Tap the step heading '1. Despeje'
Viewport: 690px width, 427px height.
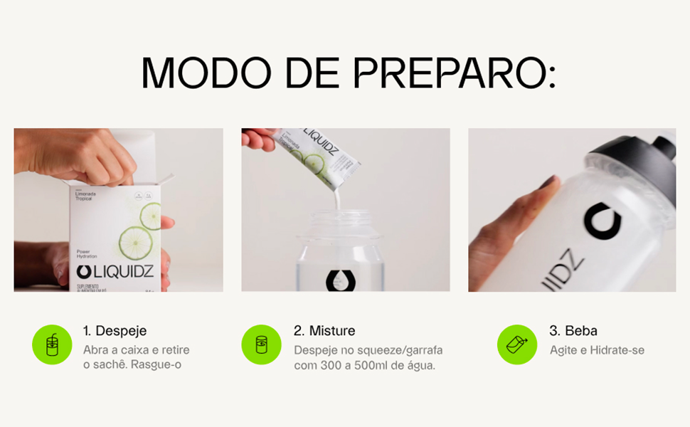(x=115, y=331)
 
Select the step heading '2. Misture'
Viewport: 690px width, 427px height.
(x=324, y=331)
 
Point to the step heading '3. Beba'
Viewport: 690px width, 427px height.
(x=573, y=331)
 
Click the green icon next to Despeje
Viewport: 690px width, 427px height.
(x=52, y=344)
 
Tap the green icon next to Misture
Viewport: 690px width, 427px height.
(x=262, y=344)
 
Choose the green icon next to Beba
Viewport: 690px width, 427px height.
(x=517, y=344)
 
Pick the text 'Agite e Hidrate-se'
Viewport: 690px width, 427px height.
(x=597, y=350)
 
